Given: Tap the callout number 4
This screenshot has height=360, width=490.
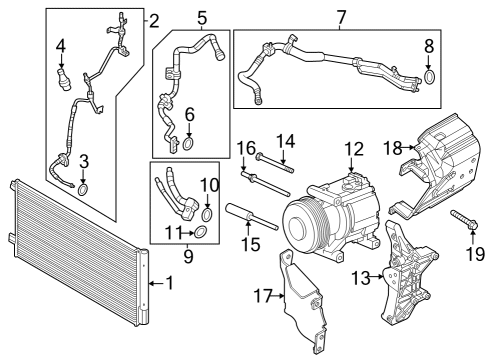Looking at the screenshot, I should click(x=61, y=45).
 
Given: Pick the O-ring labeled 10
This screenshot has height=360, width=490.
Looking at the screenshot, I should click(x=207, y=213).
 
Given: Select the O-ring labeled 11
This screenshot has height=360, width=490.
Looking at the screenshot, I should click(x=201, y=234).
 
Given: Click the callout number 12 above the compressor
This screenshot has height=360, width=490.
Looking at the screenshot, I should click(x=352, y=149).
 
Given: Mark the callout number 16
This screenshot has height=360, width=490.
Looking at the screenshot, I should click(x=243, y=149).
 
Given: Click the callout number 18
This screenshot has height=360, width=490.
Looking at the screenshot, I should click(x=392, y=149).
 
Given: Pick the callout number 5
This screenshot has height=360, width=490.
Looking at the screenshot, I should click(x=201, y=18).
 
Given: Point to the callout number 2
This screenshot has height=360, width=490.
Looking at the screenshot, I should click(x=153, y=20).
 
